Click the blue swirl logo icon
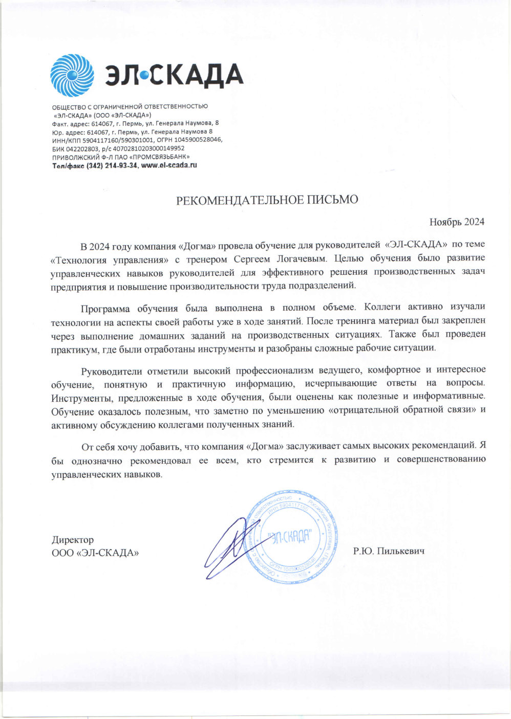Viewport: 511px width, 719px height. click(x=72, y=76)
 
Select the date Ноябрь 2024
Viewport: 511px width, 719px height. click(x=457, y=222)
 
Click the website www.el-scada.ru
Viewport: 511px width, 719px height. click(x=169, y=165)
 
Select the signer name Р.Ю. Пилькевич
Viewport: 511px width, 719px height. click(x=389, y=551)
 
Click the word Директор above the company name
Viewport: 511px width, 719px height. click(x=73, y=540)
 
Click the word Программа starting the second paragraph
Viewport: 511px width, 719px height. click(x=104, y=308)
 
